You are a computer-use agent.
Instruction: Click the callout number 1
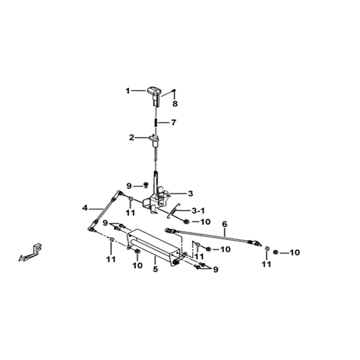point(128,91)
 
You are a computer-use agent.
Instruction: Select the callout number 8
point(175,104)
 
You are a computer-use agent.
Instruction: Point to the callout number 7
point(174,122)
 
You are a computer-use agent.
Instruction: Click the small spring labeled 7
point(156,122)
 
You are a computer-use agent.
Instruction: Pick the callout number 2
point(131,138)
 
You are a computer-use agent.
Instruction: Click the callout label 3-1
point(198,211)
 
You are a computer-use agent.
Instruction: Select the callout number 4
point(85,208)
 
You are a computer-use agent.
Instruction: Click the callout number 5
point(156,269)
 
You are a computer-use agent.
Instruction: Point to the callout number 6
point(225,224)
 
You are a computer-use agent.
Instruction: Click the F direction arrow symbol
point(30,252)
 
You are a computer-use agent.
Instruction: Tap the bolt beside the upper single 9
point(145,185)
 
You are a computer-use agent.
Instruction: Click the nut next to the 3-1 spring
point(186,222)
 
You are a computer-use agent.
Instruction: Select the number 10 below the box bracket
point(137,265)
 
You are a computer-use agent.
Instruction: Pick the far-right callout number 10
point(294,253)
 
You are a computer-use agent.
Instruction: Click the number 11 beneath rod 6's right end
point(266,265)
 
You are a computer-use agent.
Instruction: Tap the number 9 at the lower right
point(215,269)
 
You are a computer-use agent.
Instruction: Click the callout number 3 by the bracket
point(190,194)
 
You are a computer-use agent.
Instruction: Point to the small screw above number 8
point(174,90)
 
